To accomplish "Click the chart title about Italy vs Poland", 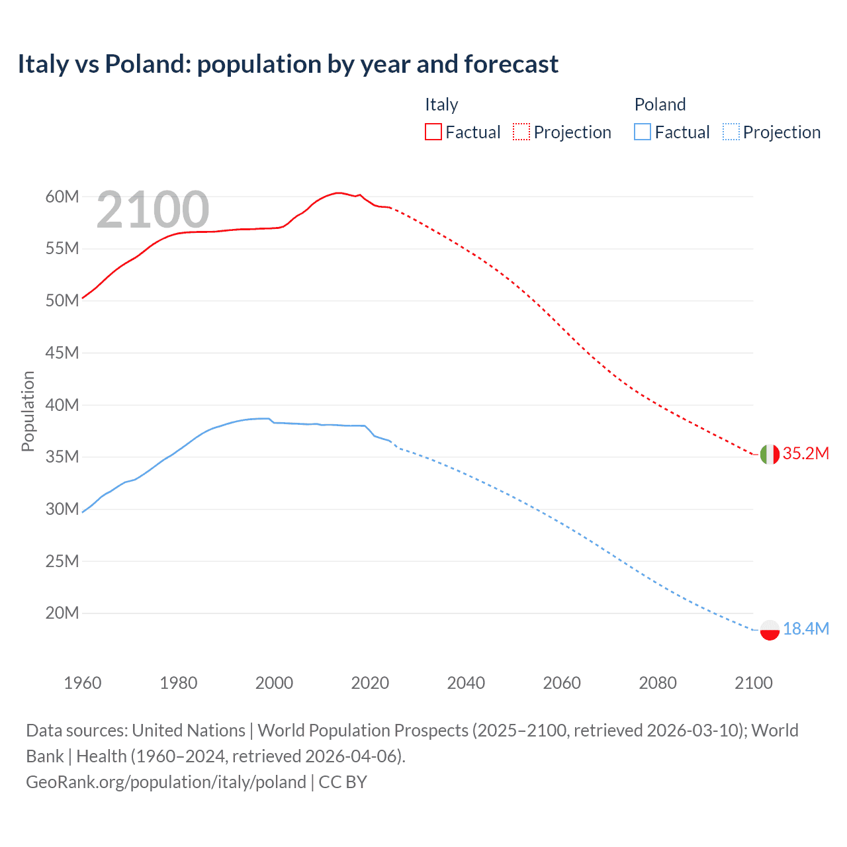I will [288, 64].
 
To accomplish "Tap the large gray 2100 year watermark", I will [153, 210].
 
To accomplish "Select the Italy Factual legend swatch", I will [433, 132].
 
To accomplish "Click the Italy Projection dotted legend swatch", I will [521, 132].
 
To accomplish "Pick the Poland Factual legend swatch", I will [643, 132].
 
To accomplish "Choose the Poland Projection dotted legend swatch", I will [731, 132].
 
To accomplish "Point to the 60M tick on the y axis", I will [62, 197].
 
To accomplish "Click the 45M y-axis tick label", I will [62, 353].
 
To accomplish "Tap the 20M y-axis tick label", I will [62, 613].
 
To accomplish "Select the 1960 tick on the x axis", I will [83, 683].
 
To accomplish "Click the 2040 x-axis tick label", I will [466, 683].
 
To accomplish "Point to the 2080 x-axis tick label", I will [658, 683].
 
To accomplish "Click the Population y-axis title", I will [28, 411].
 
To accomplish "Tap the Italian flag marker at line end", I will [770, 455].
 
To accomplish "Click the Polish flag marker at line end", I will [770, 630].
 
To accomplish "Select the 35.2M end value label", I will [805, 453].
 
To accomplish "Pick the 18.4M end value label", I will [805, 629].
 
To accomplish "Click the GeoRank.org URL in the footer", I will [166, 782].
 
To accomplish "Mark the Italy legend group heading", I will [441, 105].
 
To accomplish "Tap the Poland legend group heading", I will [660, 105].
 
